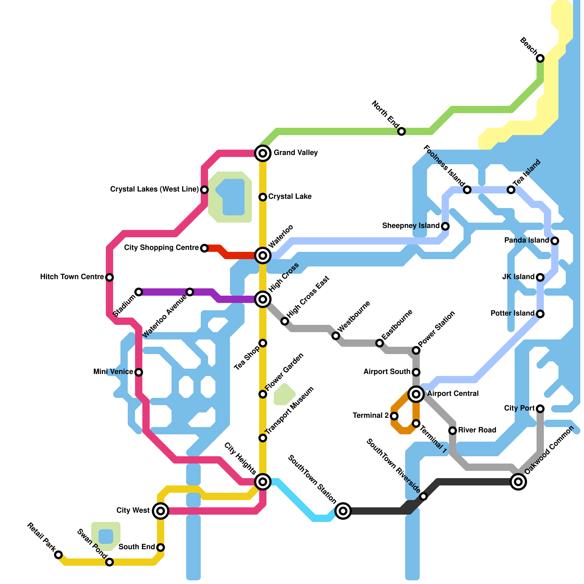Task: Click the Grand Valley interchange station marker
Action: (263, 153)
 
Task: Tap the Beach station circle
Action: (540, 58)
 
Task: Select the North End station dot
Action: (401, 131)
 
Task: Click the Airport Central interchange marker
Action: (416, 394)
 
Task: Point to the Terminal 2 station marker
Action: (394, 416)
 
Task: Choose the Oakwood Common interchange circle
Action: (518, 482)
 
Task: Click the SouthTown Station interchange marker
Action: (343, 511)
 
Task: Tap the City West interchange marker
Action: (161, 511)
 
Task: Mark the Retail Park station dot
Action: (58, 555)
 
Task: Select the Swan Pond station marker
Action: (109, 562)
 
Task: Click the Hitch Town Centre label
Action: (72, 277)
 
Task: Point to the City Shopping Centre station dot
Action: (204, 248)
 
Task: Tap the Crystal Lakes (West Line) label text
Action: (154, 189)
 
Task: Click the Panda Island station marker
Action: (555, 241)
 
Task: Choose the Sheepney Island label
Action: (411, 226)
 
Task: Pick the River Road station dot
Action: (453, 431)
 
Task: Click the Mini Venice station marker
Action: (139, 372)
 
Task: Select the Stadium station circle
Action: (139, 292)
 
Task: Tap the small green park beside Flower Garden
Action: (284, 394)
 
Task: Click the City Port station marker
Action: (540, 409)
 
